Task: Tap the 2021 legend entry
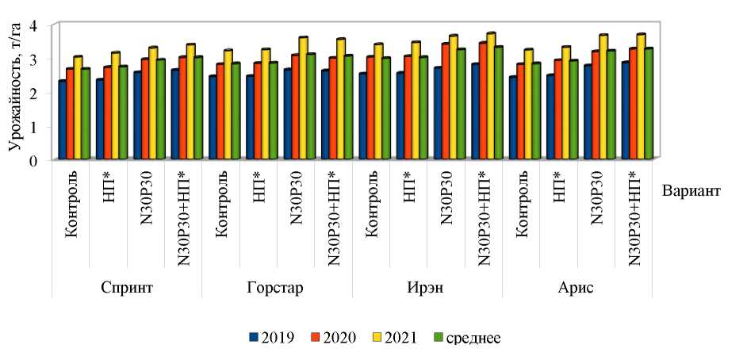click(404, 337)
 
